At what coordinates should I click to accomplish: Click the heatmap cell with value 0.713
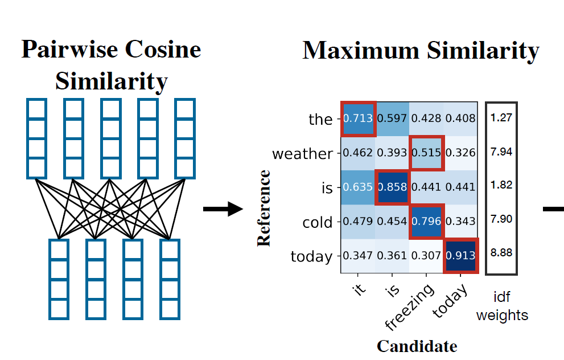(358, 119)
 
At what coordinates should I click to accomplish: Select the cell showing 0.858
(392, 187)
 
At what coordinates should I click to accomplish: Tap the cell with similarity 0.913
(460, 256)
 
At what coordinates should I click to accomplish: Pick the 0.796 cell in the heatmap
(426, 222)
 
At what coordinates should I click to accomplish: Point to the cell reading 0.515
(426, 153)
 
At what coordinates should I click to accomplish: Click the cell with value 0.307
(426, 256)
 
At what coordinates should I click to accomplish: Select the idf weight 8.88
(501, 252)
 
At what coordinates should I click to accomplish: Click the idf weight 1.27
(501, 119)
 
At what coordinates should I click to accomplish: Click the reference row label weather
(302, 154)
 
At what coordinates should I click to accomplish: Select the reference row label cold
(318, 223)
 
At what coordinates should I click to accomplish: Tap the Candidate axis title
(417, 346)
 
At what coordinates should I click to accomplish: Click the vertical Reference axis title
(264, 207)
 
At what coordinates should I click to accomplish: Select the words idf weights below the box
(502, 305)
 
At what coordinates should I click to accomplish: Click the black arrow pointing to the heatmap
(223, 209)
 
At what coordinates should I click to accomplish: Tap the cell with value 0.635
(358, 187)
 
